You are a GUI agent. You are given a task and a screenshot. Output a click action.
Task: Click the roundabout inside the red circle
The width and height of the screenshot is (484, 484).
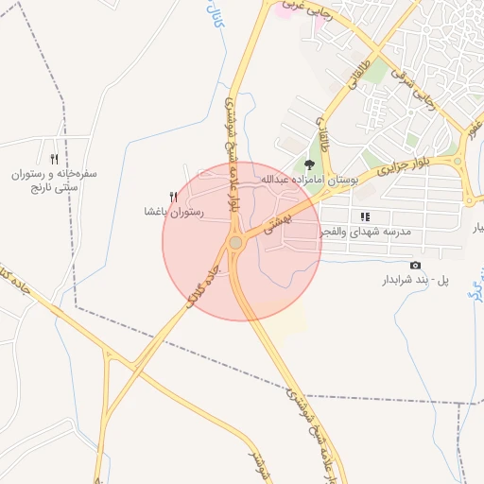[235, 243]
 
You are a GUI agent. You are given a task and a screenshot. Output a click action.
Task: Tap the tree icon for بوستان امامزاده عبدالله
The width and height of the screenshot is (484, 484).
[308, 165]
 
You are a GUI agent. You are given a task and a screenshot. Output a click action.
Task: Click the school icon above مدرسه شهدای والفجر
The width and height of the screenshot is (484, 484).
[364, 216]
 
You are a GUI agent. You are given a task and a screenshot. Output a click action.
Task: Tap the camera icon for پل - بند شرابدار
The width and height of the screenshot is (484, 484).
[415, 266]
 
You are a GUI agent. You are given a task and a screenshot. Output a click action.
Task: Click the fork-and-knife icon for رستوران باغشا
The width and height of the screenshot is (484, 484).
[173, 198]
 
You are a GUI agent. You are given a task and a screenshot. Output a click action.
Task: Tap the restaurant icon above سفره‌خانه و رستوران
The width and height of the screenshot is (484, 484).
[54, 159]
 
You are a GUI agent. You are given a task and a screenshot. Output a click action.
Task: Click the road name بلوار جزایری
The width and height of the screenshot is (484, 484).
[403, 168]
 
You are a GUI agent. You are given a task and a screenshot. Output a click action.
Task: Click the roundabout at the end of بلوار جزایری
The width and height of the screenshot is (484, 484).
[457, 161]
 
